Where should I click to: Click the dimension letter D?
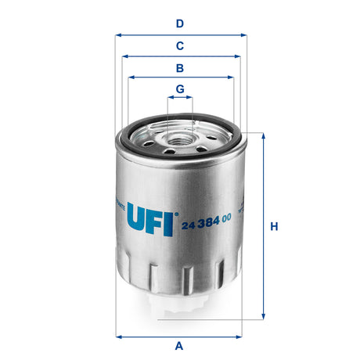[x=180, y=24]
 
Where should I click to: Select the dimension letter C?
[x=180, y=45]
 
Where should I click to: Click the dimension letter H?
[x=274, y=227]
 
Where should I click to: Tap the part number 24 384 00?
[x=206, y=226]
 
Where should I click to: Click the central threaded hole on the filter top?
[x=180, y=142]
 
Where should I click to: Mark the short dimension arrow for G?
[x=180, y=99]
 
